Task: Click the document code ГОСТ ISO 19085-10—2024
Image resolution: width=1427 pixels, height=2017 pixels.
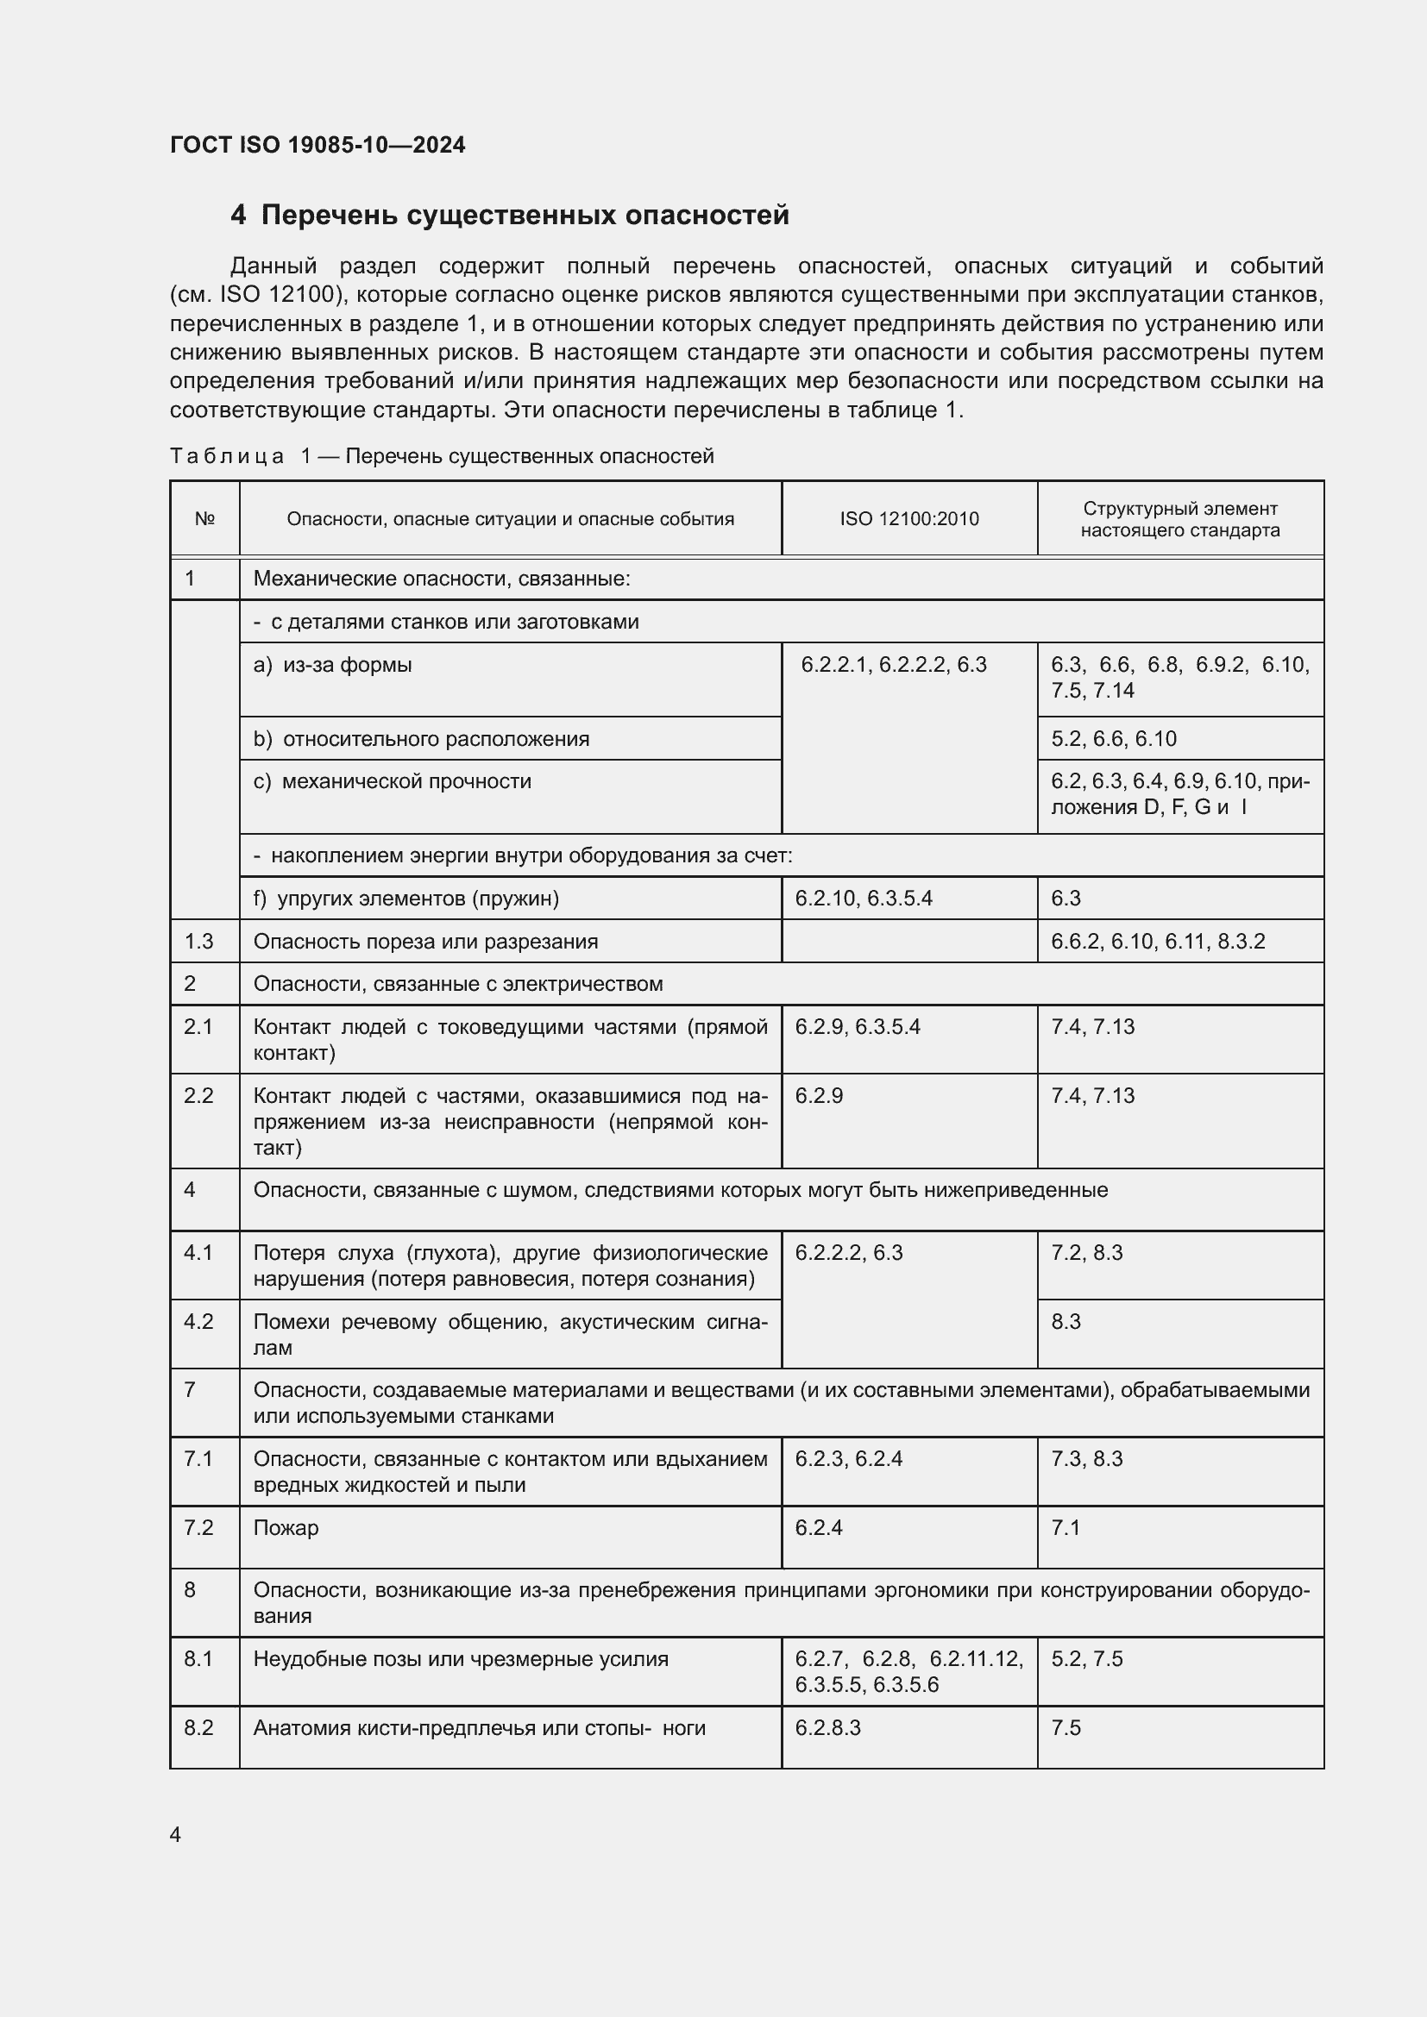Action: (x=317, y=145)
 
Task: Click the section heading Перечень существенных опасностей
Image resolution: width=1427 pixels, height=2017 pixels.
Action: (x=525, y=216)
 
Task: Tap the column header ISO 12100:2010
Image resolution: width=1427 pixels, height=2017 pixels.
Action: (x=908, y=519)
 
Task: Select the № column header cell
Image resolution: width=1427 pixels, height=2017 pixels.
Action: (x=204, y=519)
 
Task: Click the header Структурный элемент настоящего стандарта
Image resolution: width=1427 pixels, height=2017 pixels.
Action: (x=1179, y=519)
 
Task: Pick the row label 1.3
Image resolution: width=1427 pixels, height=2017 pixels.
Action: (x=198, y=942)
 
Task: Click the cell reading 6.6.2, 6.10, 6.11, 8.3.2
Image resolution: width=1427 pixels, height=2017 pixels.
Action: (x=1157, y=942)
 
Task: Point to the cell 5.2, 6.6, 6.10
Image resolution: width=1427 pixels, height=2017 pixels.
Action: (x=1113, y=739)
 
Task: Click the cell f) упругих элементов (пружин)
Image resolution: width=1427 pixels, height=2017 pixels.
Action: (x=406, y=899)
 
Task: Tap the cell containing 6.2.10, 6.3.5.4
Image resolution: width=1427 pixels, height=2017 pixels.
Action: (x=863, y=899)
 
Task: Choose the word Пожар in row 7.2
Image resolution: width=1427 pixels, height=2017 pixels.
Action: (x=286, y=1528)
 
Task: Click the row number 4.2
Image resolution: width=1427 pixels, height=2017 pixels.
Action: (x=198, y=1322)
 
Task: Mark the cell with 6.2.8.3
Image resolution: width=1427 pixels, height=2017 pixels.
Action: (x=827, y=1728)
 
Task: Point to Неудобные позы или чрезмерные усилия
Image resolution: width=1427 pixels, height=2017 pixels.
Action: (x=461, y=1659)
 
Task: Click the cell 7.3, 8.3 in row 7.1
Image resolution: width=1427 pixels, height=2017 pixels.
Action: (x=1086, y=1459)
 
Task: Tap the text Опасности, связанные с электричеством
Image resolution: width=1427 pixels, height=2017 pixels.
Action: (x=458, y=984)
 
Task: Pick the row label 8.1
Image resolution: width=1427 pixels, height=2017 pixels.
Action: (x=198, y=1659)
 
